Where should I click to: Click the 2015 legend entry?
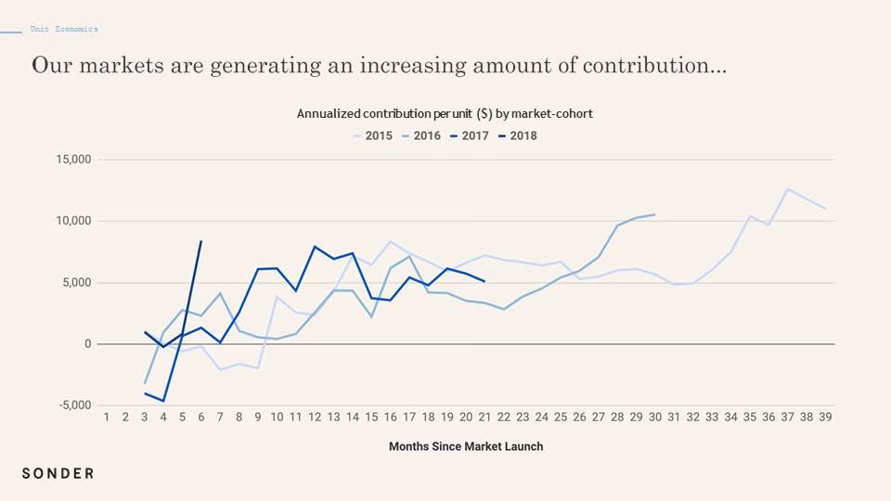(x=373, y=135)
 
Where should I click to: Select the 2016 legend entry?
(x=421, y=135)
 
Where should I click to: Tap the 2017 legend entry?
(x=470, y=135)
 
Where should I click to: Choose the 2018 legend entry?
(x=518, y=135)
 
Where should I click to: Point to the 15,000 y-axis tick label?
(x=73, y=160)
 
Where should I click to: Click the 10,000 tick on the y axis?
(x=73, y=221)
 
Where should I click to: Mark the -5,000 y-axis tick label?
(x=75, y=405)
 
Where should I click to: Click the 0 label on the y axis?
(x=87, y=343)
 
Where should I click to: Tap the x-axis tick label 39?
(x=825, y=417)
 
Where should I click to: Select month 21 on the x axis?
(x=484, y=417)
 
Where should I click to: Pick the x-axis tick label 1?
(x=106, y=417)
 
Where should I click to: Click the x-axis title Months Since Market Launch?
(x=466, y=446)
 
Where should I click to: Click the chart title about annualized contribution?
(x=445, y=113)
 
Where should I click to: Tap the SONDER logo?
(x=58, y=473)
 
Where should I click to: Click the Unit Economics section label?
(x=64, y=29)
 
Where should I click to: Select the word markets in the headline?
(x=121, y=65)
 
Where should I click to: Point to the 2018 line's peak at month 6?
(x=201, y=241)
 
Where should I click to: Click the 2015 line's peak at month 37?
(x=788, y=189)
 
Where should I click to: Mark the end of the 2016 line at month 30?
(x=654, y=214)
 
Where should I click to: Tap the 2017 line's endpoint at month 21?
(x=484, y=281)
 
